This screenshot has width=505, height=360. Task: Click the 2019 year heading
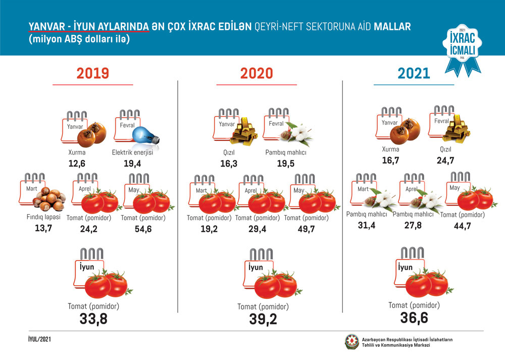point(93,73)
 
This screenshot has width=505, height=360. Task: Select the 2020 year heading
point(256,73)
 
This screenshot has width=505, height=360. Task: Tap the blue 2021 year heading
point(414,73)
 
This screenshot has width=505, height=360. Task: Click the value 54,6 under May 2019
point(144,229)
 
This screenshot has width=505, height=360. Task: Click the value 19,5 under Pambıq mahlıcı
point(286,164)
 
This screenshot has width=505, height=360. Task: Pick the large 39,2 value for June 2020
point(263,320)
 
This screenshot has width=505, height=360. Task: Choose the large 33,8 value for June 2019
point(93,319)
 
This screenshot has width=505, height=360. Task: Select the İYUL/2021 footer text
point(39,339)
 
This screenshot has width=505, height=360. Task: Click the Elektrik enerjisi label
point(132,152)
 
